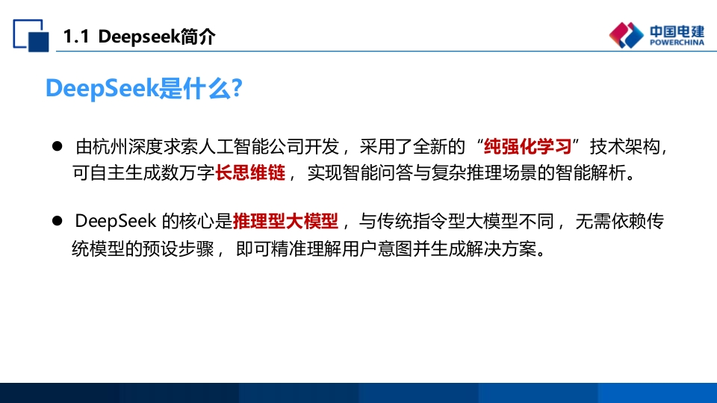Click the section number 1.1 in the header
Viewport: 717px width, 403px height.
75,37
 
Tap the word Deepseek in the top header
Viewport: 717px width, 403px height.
139,37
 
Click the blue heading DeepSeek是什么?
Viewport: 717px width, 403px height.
144,88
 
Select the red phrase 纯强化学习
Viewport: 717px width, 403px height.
528,147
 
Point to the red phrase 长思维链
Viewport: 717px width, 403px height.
250,172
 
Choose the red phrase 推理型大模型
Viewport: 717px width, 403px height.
286,221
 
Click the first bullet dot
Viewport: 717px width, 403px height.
58,146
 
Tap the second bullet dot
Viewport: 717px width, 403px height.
58,221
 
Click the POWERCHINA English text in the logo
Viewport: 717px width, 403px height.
677,43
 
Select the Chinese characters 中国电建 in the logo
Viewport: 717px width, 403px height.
677,31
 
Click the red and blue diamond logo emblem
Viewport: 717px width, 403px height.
626,35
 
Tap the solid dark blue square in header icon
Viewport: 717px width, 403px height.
38,42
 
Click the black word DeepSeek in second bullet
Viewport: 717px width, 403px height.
116,221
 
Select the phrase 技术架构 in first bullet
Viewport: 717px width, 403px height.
624,147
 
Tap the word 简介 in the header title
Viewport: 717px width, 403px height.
197,37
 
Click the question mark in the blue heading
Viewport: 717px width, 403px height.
237,88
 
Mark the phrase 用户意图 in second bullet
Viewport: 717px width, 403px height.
377,249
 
